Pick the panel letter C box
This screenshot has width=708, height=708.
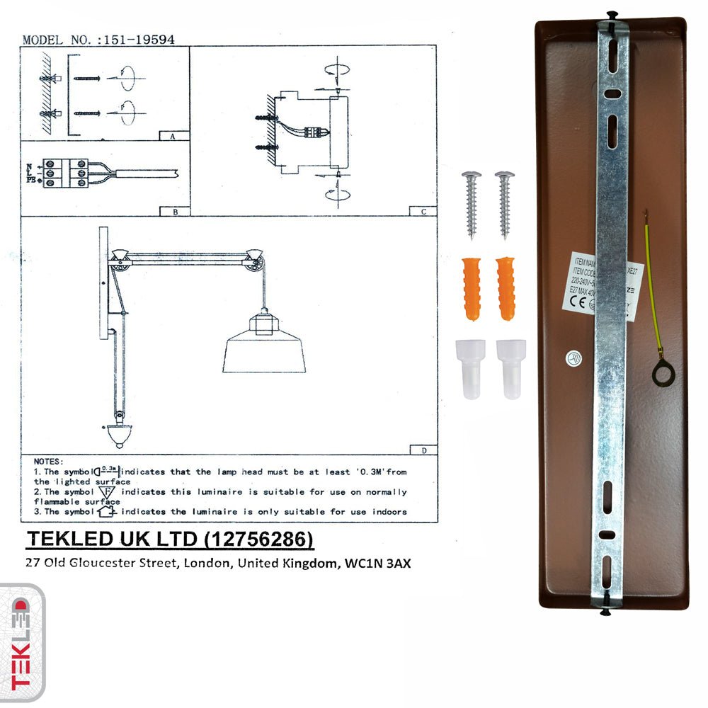pyautogui.click(x=422, y=210)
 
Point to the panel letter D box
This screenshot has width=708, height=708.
pyautogui.click(x=422, y=450)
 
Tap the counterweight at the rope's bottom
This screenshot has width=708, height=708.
pyautogui.click(x=119, y=437)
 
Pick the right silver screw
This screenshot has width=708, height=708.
pyautogui.click(x=505, y=203)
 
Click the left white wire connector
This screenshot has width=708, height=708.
pyautogui.click(x=473, y=368)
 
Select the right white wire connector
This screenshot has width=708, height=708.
pyautogui.click(x=510, y=368)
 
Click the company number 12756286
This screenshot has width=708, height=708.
pyautogui.click(x=258, y=539)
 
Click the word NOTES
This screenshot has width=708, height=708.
pyautogui.click(x=48, y=461)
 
